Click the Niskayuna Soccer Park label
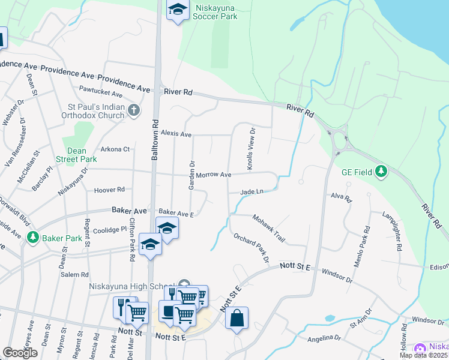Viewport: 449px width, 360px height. click(x=215, y=12)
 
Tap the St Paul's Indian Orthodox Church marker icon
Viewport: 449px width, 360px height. click(x=134, y=110)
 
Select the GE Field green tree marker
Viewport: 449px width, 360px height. click(x=381, y=172)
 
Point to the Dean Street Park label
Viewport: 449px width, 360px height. click(x=76, y=155)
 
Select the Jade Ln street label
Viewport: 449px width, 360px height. click(x=252, y=192)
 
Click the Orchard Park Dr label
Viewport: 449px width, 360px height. click(x=251, y=248)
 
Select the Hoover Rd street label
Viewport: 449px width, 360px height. click(x=109, y=190)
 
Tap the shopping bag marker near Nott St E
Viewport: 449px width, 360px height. click(x=237, y=318)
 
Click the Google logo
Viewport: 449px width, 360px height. click(x=20, y=353)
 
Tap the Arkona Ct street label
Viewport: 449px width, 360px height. click(x=115, y=149)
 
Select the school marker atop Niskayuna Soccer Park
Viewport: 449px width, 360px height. click(x=177, y=10)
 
